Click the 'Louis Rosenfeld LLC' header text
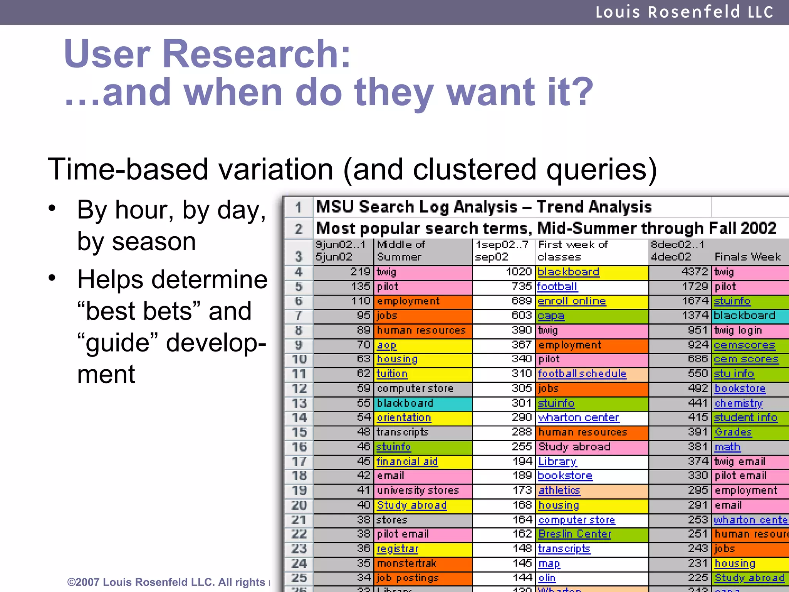pyautogui.click(x=684, y=12)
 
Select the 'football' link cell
pyautogui.click(x=557, y=287)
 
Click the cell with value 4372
pyautogui.click(x=694, y=272)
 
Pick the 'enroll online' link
pyautogui.click(x=572, y=301)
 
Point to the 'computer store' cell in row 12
pyautogui.click(x=415, y=388)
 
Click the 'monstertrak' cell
pyautogui.click(x=406, y=563)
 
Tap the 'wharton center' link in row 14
pyautogui.click(x=578, y=418)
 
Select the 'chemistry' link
pyautogui.click(x=739, y=403)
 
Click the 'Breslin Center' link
pyautogui.click(x=575, y=534)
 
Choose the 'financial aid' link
pyautogui.click(x=407, y=461)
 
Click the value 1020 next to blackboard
pyautogui.click(x=518, y=272)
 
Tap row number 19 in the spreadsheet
pyautogui.click(x=299, y=491)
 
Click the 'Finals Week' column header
pyautogui.click(x=747, y=257)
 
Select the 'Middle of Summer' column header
pyautogui.click(x=401, y=251)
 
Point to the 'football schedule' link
pyautogui.click(x=582, y=374)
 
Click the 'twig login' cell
pyautogui.click(x=738, y=330)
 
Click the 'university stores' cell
pyautogui.click(x=418, y=491)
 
